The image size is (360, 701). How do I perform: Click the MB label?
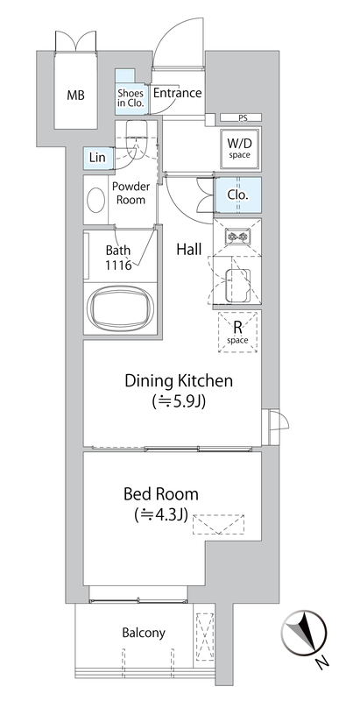point(76,95)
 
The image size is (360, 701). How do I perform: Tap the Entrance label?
point(177,93)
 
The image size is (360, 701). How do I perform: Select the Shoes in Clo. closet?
point(131,92)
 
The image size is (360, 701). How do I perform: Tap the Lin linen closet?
point(97,158)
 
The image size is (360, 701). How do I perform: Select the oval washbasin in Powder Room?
point(96,200)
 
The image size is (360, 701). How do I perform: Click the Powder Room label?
point(131,193)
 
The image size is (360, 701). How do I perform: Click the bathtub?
point(120,308)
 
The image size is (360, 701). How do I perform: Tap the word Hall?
point(189,250)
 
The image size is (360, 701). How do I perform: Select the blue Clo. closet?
point(237,195)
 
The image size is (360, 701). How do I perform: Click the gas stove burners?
point(237,236)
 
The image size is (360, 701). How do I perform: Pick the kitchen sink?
point(236,286)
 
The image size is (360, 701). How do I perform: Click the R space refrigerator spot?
point(238,332)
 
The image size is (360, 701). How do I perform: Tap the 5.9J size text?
point(179,401)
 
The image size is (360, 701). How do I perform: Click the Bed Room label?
point(161,494)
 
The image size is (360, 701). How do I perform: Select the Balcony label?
point(144,633)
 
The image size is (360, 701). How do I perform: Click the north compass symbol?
point(304,632)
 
